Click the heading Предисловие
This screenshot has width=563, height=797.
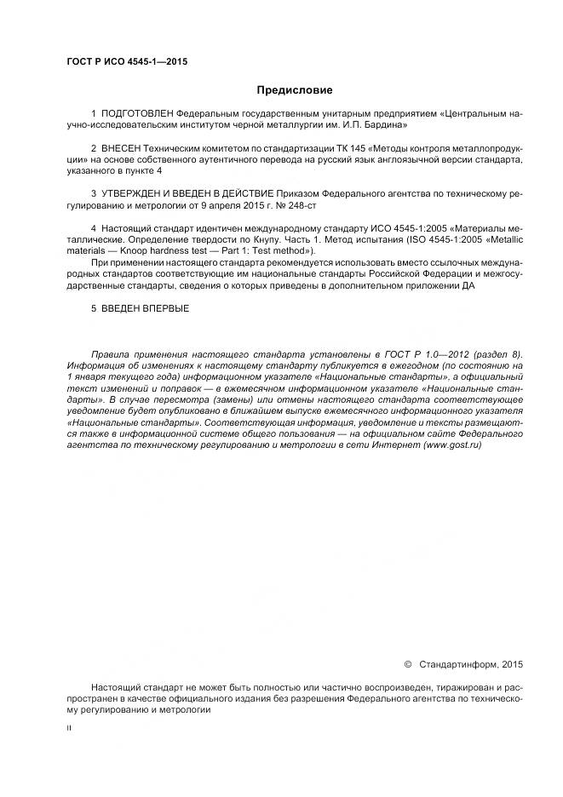[x=295, y=90]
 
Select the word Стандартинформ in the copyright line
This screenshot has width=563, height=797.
[x=461, y=663]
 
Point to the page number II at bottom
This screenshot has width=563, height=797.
[x=69, y=729]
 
